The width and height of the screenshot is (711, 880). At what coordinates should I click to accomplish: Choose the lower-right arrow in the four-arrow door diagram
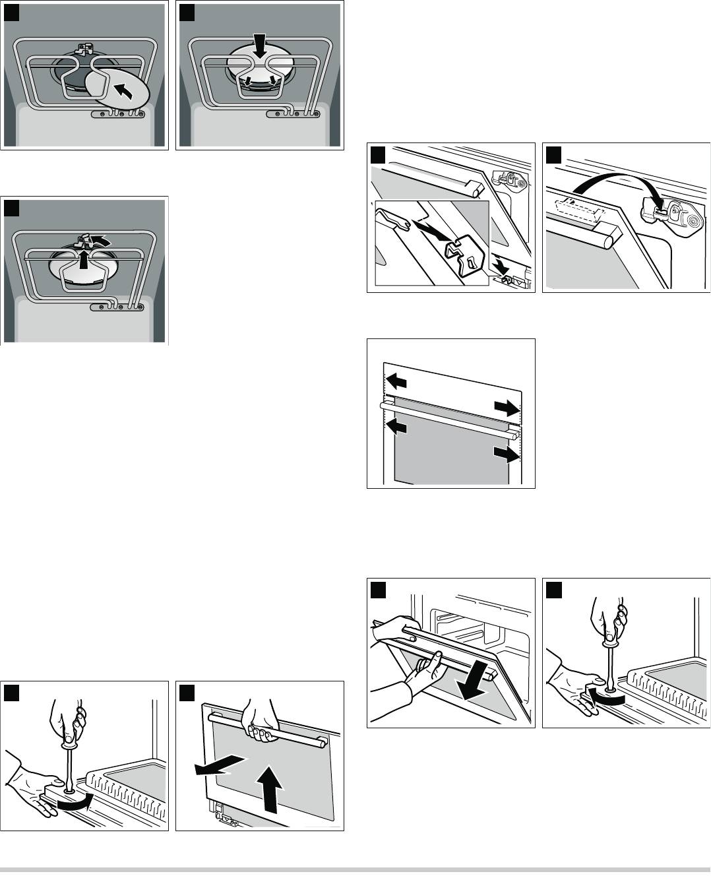pos(505,455)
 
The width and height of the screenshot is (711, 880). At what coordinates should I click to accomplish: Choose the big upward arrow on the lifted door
pos(270,791)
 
